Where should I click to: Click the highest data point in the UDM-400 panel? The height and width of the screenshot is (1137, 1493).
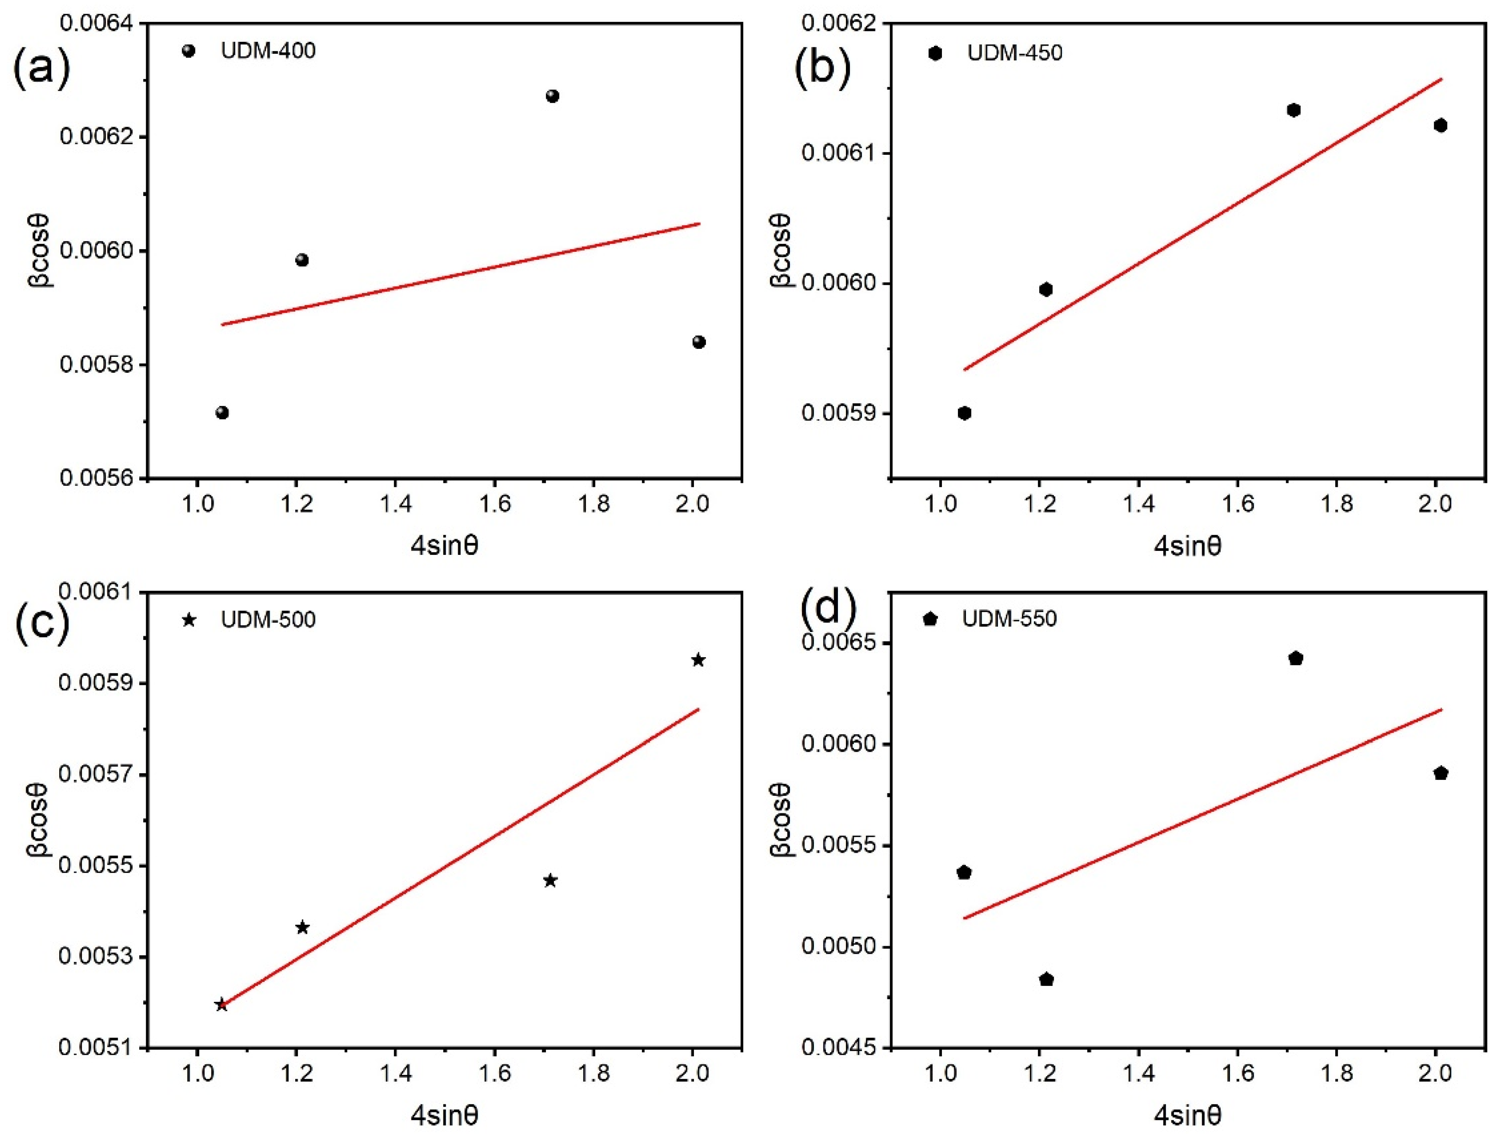(x=553, y=96)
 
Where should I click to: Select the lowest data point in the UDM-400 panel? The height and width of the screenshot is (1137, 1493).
(x=222, y=413)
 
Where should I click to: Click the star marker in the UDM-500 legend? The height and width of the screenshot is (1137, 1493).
(x=190, y=620)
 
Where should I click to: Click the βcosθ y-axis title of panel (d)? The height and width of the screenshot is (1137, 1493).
(x=781, y=820)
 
